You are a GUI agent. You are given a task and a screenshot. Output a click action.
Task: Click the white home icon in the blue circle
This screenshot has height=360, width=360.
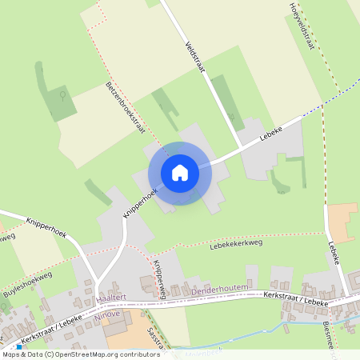tap(180, 173)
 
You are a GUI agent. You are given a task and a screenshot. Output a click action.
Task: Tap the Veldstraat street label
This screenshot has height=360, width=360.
tap(196, 57)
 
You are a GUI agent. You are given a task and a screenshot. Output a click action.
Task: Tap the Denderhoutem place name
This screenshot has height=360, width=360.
tap(222, 290)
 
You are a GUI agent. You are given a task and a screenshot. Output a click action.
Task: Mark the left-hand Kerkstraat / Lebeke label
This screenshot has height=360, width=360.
tap(54, 331)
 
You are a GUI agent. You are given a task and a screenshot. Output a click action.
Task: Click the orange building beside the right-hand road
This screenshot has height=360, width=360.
tap(342, 223)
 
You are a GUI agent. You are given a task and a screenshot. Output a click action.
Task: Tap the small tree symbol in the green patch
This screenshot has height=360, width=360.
tap(62, 95)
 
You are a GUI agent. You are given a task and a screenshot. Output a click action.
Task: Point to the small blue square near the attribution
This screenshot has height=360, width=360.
tap(18, 348)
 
